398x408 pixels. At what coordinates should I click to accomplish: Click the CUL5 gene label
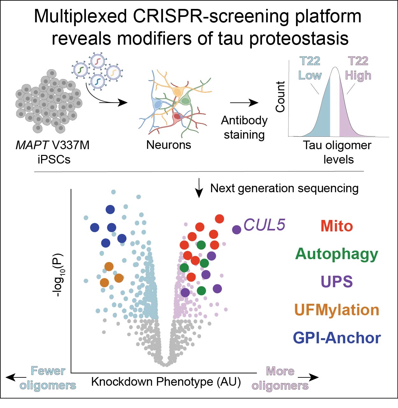click(x=264, y=225)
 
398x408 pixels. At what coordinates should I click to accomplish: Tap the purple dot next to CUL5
click(x=237, y=229)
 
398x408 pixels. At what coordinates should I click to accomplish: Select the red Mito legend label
click(x=337, y=226)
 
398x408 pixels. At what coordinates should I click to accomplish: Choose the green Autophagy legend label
click(x=337, y=254)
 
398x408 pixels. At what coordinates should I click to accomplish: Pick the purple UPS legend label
click(x=337, y=282)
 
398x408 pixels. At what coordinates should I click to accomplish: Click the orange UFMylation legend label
click(x=337, y=310)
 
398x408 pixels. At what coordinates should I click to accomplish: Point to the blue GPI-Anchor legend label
click(x=337, y=338)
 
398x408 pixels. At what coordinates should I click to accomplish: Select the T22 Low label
click(x=310, y=68)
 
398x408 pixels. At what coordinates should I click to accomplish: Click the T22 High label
click(x=358, y=68)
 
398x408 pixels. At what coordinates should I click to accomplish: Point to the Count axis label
click(x=280, y=97)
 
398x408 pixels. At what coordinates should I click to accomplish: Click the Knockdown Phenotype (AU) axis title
click(x=166, y=382)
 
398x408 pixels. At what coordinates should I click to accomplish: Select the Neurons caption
click(x=168, y=145)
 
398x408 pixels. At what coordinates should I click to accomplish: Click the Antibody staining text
click(x=244, y=127)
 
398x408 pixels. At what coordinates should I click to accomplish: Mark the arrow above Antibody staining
click(x=244, y=103)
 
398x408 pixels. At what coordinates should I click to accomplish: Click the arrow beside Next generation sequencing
click(x=199, y=188)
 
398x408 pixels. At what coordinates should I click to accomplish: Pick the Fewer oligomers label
click(x=48, y=378)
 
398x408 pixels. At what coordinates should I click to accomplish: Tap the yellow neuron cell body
click(x=177, y=92)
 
